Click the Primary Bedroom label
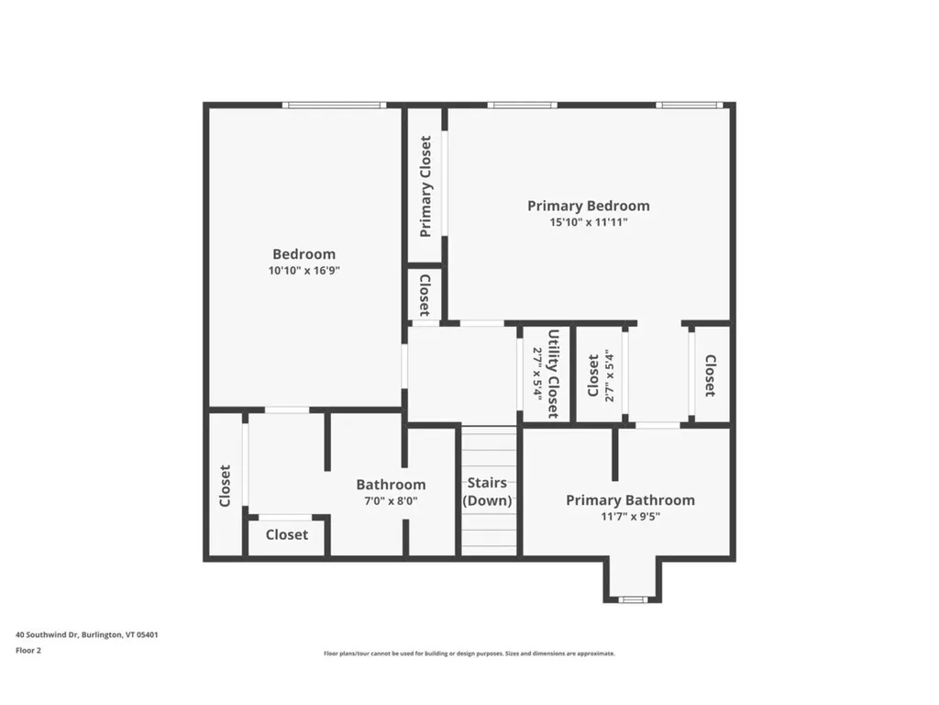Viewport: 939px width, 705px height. (588, 206)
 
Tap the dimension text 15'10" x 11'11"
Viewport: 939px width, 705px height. (588, 222)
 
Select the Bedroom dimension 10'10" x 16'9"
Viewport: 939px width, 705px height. (304, 270)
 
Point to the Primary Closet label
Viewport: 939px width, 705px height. (425, 186)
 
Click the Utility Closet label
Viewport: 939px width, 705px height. (553, 374)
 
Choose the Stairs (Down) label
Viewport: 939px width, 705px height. (488, 491)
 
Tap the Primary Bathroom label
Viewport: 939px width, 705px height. (630, 500)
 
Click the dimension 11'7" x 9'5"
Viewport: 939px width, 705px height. (630, 516)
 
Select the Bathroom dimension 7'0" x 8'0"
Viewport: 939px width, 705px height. (391, 501)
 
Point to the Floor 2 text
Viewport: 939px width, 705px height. (28, 650)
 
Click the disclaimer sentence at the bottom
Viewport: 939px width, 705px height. (469, 654)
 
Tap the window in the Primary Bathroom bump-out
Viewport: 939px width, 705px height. (632, 599)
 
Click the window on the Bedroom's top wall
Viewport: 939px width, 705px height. (327, 105)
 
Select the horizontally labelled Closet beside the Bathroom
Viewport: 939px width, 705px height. (287, 534)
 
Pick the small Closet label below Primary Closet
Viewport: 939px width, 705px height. (425, 295)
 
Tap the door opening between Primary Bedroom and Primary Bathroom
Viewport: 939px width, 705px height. (657, 425)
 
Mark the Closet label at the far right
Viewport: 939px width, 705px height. (710, 375)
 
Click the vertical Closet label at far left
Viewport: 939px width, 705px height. (225, 486)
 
